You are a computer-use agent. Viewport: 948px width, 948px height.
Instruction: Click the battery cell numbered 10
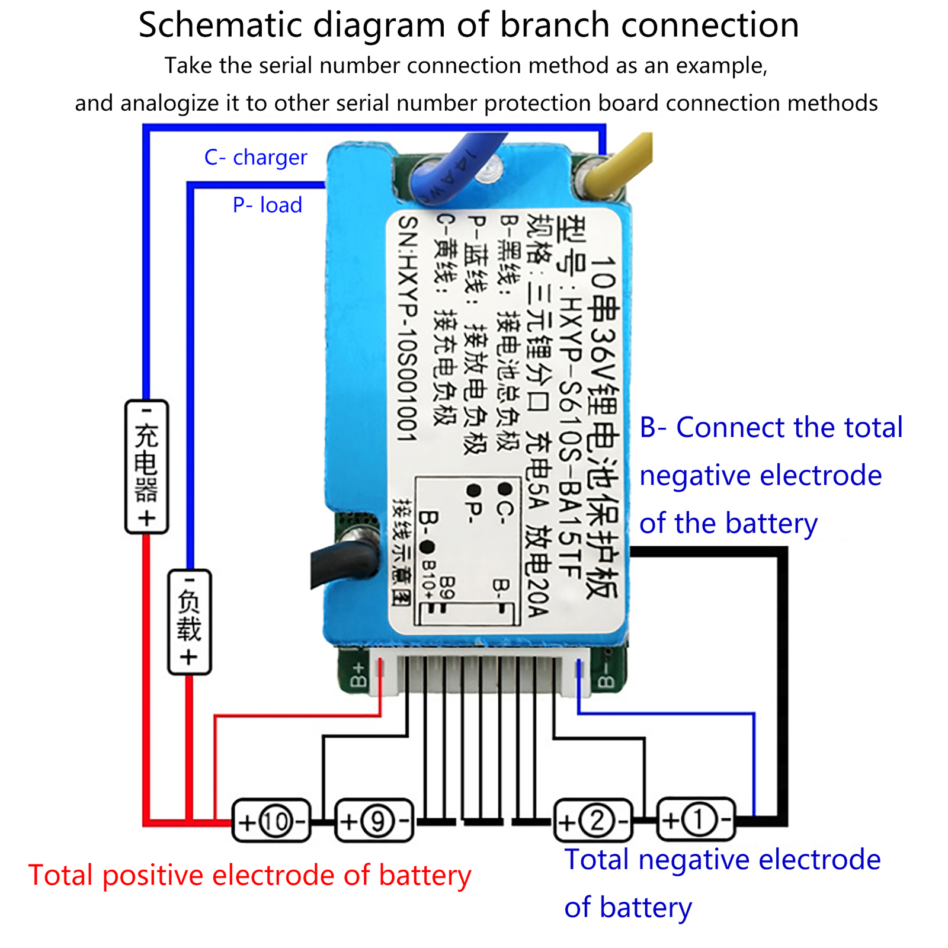point(271,821)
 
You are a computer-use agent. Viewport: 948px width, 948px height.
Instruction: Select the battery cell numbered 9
point(374,821)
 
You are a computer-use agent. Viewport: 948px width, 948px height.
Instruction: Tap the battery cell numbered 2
point(593,821)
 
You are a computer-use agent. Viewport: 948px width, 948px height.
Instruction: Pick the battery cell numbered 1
point(696,820)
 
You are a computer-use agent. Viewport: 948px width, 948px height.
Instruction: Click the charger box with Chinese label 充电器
point(146,466)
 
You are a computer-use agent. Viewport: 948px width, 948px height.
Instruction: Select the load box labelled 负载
point(189,622)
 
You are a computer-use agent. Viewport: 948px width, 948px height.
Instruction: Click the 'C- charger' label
point(255,158)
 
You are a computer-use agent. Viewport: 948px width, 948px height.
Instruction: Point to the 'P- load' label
point(267,205)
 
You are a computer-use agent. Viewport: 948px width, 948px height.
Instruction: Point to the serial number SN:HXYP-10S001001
point(408,329)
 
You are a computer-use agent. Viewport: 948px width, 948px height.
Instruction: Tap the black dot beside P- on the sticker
point(473,491)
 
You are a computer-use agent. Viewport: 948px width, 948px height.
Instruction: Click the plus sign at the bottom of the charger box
point(146,518)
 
